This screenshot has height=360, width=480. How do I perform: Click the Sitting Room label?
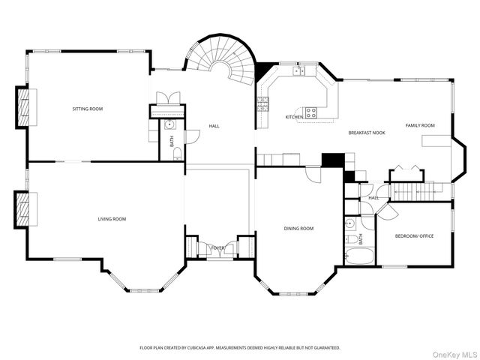(x=88, y=109)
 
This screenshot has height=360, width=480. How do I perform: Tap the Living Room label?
(x=112, y=219)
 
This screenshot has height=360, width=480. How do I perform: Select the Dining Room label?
(x=298, y=229)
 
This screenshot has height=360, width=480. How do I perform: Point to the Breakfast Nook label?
(x=367, y=133)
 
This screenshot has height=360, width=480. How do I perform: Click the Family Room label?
(x=420, y=125)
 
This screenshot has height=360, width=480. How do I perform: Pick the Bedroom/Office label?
(x=414, y=236)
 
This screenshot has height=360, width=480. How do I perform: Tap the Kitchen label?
(x=294, y=117)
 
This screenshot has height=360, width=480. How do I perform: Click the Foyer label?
(x=218, y=247)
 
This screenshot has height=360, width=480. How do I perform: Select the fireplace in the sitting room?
(x=23, y=107)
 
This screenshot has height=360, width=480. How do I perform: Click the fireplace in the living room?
(x=22, y=209)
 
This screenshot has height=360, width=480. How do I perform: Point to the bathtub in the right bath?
(x=360, y=256)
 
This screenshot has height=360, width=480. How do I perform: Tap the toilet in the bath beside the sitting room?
(x=177, y=153)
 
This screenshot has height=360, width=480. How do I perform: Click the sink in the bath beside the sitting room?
(x=170, y=125)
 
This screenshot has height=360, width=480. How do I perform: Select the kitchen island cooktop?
(x=310, y=112)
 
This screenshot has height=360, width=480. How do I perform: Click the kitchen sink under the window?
(x=299, y=71)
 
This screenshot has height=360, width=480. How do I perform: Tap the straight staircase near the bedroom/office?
(x=416, y=191)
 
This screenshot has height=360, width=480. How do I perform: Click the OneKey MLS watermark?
(x=454, y=355)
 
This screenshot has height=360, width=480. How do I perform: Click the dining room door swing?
(x=313, y=175)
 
